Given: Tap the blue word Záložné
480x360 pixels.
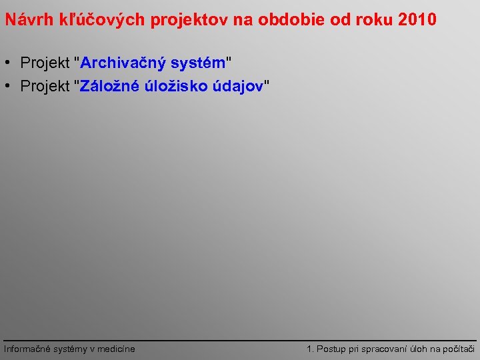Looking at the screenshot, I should pyautogui.click(x=110, y=86).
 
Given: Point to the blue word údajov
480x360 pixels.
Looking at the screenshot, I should pyautogui.click(x=239, y=86).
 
